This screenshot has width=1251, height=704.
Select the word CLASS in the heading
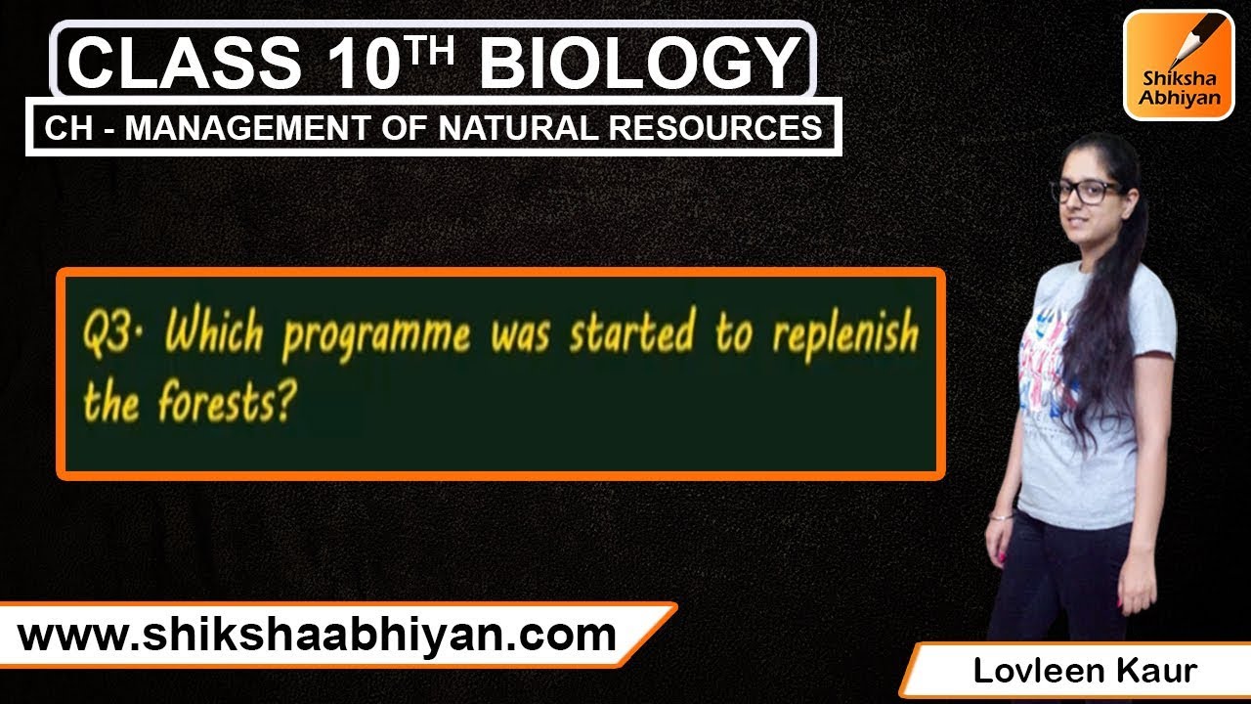point(185,63)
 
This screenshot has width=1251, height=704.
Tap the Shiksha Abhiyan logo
point(1178,65)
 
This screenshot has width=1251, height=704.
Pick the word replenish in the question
point(844,335)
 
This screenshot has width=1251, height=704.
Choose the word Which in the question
point(214,334)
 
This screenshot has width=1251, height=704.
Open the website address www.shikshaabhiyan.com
point(317,637)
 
